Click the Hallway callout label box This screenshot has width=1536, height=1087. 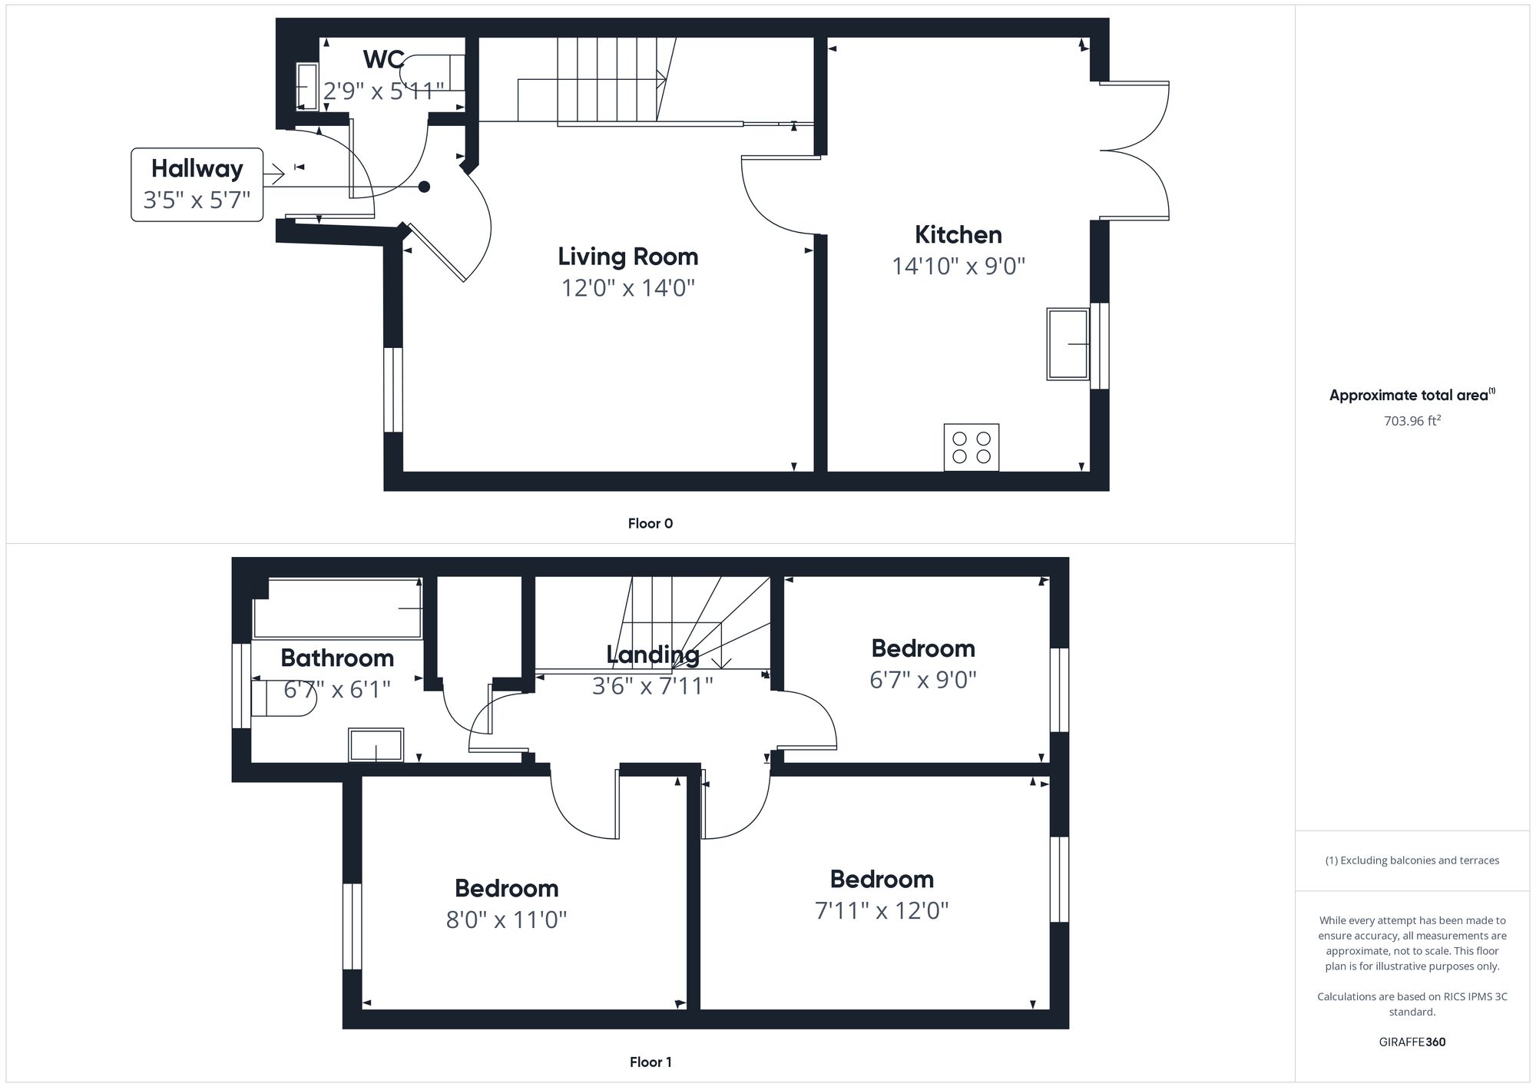[x=197, y=184]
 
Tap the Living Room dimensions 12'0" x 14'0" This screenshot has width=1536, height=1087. [x=627, y=288]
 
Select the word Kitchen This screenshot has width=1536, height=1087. [x=958, y=234]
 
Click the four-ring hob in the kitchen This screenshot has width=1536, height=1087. [x=971, y=447]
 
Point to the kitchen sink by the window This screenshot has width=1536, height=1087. [x=1068, y=344]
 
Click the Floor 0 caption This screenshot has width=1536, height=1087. [x=650, y=523]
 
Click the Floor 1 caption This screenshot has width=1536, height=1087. [x=650, y=1062]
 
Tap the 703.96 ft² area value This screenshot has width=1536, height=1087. [x=1412, y=421]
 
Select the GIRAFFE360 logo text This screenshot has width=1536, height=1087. [x=1412, y=1042]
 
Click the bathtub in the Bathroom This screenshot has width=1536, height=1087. [x=338, y=608]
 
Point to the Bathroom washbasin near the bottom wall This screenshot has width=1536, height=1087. [x=376, y=745]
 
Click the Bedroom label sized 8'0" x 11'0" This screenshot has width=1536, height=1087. [x=506, y=888]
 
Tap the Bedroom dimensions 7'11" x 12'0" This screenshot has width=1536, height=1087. [x=881, y=911]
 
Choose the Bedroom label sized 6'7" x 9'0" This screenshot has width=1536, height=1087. [x=922, y=648]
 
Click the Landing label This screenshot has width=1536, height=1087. [x=652, y=655]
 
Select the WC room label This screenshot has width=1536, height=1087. [x=383, y=59]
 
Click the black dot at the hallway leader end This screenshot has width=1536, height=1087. [x=423, y=187]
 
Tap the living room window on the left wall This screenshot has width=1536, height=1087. [x=392, y=389]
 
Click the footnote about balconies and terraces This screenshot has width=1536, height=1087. [x=1412, y=860]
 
